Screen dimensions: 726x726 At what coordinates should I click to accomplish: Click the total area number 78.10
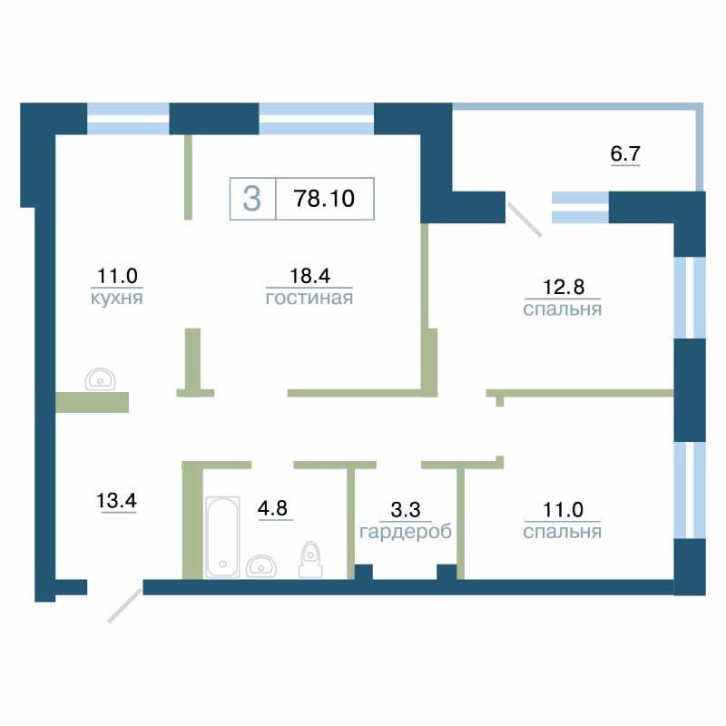pyautogui.click(x=324, y=199)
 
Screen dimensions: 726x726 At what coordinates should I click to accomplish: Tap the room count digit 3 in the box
pyautogui.click(x=252, y=199)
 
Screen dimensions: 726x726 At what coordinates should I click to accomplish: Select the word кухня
pyautogui.click(x=117, y=298)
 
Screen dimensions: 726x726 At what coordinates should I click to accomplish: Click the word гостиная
pyautogui.click(x=309, y=298)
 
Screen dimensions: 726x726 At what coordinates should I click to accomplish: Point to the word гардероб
pyautogui.click(x=406, y=532)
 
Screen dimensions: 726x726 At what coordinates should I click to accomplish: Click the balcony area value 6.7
pyautogui.click(x=625, y=153)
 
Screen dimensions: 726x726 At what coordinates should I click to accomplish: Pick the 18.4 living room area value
pyautogui.click(x=309, y=276)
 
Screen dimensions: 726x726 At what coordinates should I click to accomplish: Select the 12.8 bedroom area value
pyautogui.click(x=564, y=287)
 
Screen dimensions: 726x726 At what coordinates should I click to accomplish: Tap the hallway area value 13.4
pyautogui.click(x=116, y=501)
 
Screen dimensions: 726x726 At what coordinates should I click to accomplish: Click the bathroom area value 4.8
pyautogui.click(x=273, y=508)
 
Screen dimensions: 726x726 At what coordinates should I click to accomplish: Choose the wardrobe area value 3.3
pyautogui.click(x=406, y=510)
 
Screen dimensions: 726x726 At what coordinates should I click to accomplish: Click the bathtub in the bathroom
pyautogui.click(x=222, y=536)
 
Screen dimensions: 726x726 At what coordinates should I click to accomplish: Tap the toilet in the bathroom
pyautogui.click(x=310, y=559)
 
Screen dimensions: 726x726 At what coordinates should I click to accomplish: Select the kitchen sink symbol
pyautogui.click(x=100, y=379)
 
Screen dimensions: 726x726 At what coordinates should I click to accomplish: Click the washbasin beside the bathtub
pyautogui.click(x=261, y=565)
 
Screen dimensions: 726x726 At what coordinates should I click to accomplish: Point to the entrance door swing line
pyautogui.click(x=124, y=605)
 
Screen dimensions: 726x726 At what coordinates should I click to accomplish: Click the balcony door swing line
pyautogui.click(x=525, y=220)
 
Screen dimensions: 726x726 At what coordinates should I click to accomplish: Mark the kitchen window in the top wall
pyautogui.click(x=128, y=119)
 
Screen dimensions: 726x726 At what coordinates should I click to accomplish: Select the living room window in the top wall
pyautogui.click(x=316, y=119)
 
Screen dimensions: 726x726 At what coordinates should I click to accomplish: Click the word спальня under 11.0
pyautogui.click(x=563, y=532)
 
